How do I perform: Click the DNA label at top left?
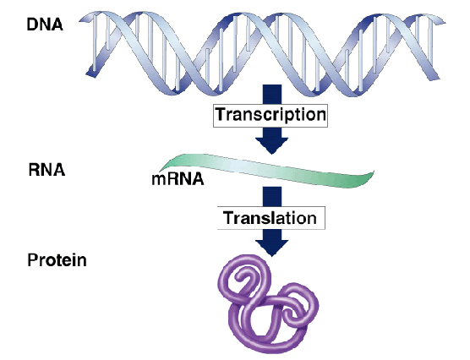(x=45, y=25)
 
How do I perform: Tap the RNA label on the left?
(x=46, y=170)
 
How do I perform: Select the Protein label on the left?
(x=57, y=260)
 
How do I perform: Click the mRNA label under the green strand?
(x=178, y=179)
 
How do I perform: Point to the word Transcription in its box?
(x=271, y=114)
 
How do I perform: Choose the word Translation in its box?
(x=270, y=218)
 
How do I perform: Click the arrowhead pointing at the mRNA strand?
(x=271, y=145)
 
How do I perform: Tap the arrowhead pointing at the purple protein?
(x=272, y=248)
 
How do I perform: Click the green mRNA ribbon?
(x=267, y=170)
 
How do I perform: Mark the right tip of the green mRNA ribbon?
(x=374, y=172)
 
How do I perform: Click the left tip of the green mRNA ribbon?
(x=159, y=171)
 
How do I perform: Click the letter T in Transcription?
(x=221, y=114)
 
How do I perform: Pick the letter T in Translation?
(x=228, y=218)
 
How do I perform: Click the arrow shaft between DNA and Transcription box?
(x=272, y=95)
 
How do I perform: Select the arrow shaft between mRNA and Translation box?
(x=272, y=196)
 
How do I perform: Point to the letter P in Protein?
(x=32, y=260)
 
